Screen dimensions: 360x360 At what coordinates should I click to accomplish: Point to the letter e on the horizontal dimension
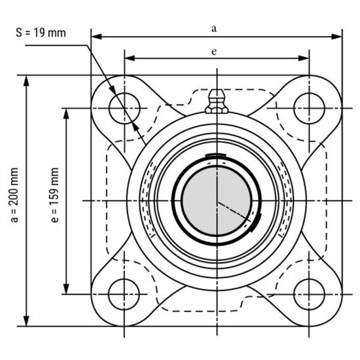(214, 50)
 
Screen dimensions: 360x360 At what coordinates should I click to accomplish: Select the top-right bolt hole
(306, 106)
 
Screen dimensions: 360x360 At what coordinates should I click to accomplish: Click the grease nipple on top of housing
(214, 101)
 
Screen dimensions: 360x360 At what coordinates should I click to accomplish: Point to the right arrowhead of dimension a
(338, 35)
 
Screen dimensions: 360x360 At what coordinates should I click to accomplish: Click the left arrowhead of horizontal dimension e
(128, 58)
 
